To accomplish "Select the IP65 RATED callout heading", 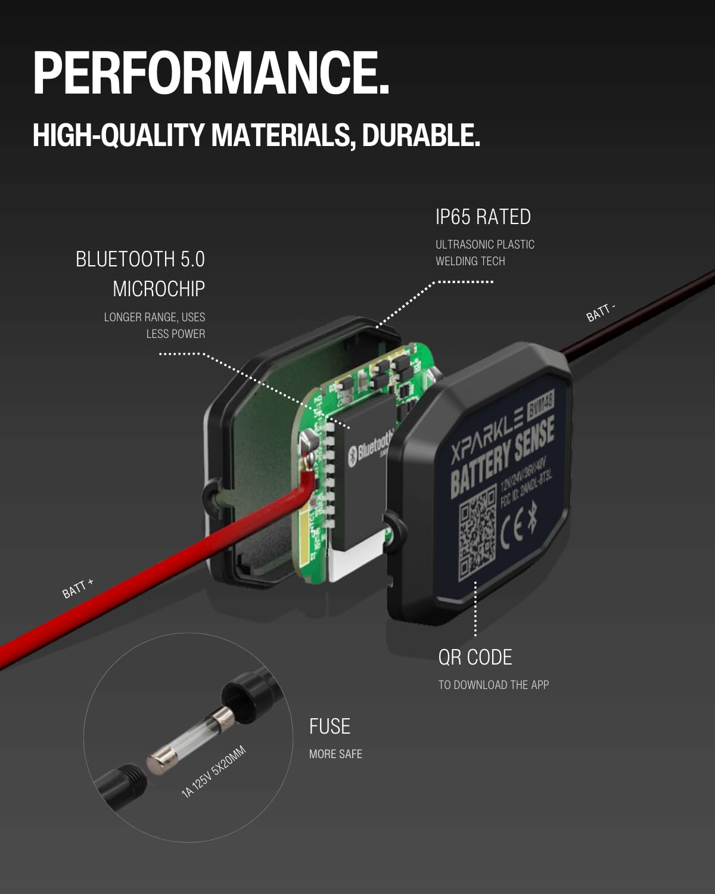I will pos(483,216).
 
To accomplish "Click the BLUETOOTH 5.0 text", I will pos(140,259).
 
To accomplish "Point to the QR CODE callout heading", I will pos(475,657).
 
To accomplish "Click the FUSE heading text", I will pos(329,726).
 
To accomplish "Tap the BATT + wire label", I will pos(78,588).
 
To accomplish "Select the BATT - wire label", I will pos(600,312).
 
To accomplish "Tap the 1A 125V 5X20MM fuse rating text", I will pos(214,771).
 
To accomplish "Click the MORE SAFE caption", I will pos(335,754).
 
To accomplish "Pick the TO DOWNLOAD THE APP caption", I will pos(493,685).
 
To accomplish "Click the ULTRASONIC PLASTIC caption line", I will pos(484,244).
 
